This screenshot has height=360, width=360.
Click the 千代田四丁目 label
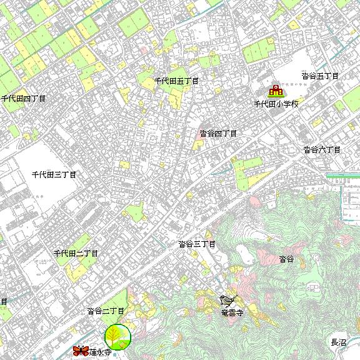(x=23, y=99)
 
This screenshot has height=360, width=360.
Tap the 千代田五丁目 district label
(x=176, y=81)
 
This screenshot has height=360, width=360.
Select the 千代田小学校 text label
(x=276, y=104)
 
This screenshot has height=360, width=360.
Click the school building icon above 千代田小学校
(x=276, y=91)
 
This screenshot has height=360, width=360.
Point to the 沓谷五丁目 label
(x=319, y=76)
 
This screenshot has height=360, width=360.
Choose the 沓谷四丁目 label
(x=218, y=134)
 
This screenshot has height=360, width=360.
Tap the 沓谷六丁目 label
(x=321, y=150)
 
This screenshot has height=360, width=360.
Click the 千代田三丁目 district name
(x=54, y=174)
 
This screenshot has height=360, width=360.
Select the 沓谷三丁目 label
(x=196, y=244)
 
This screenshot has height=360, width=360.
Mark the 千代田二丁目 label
(x=76, y=254)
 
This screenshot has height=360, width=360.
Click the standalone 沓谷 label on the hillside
(x=286, y=259)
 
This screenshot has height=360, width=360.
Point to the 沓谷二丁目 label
(x=106, y=311)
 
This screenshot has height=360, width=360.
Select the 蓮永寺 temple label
(x=100, y=352)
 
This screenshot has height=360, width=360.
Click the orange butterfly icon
(x=80, y=351)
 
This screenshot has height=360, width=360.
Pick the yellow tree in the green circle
(x=117, y=337)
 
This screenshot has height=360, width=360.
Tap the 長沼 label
(x=338, y=342)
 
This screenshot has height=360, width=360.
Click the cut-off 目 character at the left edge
(x=3, y=302)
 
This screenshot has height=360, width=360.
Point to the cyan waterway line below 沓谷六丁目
(x=342, y=176)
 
